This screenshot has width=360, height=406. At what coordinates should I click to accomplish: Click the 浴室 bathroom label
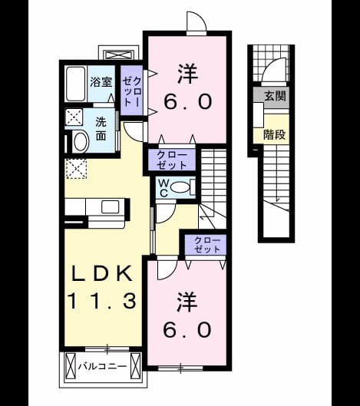pyautogui.click(x=101, y=82)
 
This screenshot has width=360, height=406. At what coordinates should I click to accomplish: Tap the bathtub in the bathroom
pyautogui.click(x=76, y=84)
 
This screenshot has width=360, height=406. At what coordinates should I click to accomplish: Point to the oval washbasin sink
pyautogui.click(x=81, y=142)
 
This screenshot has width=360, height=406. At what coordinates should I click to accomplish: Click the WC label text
pyautogui.click(x=163, y=188)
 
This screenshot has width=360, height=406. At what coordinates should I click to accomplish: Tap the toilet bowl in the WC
pyautogui.click(x=180, y=187)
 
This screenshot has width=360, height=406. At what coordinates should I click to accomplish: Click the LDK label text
pyautogui.click(x=102, y=274)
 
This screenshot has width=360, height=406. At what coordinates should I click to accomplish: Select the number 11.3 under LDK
pyautogui.click(x=102, y=300)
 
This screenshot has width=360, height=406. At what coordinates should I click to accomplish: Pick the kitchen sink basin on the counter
pyautogui.click(x=111, y=206)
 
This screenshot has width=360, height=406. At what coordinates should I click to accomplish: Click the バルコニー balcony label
pyautogui.click(x=103, y=366)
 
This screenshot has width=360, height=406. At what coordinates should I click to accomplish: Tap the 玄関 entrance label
pyautogui.click(x=275, y=97)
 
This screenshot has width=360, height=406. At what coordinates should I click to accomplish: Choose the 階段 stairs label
pyautogui.click(x=274, y=134)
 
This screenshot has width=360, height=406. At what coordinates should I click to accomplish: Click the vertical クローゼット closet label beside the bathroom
pyautogui.click(x=132, y=91)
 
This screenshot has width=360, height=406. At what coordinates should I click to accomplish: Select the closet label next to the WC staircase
pyautogui.click(x=172, y=160)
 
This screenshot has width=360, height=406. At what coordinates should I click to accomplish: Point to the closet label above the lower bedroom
pyautogui.click(x=207, y=244)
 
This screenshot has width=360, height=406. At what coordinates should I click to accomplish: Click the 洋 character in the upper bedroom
pyautogui.click(x=188, y=74)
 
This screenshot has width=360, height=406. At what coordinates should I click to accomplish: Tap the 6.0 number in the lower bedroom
pyautogui.click(x=187, y=330)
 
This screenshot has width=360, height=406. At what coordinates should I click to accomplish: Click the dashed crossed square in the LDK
pyautogui.click(x=76, y=169)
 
